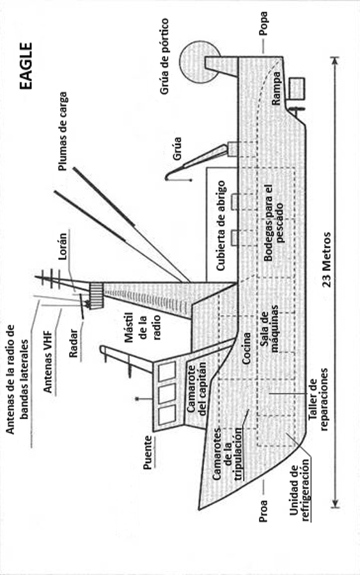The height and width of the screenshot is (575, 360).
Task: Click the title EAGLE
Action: click(26, 66)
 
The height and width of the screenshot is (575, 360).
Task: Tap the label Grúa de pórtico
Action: click(164, 56)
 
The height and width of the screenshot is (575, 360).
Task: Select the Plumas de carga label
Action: click(63, 131)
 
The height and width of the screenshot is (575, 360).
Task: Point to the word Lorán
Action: click(63, 247)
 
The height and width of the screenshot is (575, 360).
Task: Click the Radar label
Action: click(74, 343)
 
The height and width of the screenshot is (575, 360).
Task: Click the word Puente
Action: click(148, 452)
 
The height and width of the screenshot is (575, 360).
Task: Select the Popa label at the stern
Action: click(263, 24)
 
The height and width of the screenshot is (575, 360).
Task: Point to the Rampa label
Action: click(276, 88)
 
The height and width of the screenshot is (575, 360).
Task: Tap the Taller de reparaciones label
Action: click(318, 399)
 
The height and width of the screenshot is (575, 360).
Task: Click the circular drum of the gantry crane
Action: click(198, 61)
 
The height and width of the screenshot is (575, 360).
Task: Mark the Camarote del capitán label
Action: click(197, 388)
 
